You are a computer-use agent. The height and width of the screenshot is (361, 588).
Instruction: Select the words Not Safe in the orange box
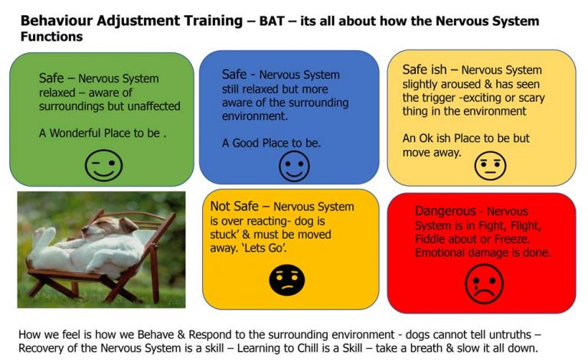[235, 207]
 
